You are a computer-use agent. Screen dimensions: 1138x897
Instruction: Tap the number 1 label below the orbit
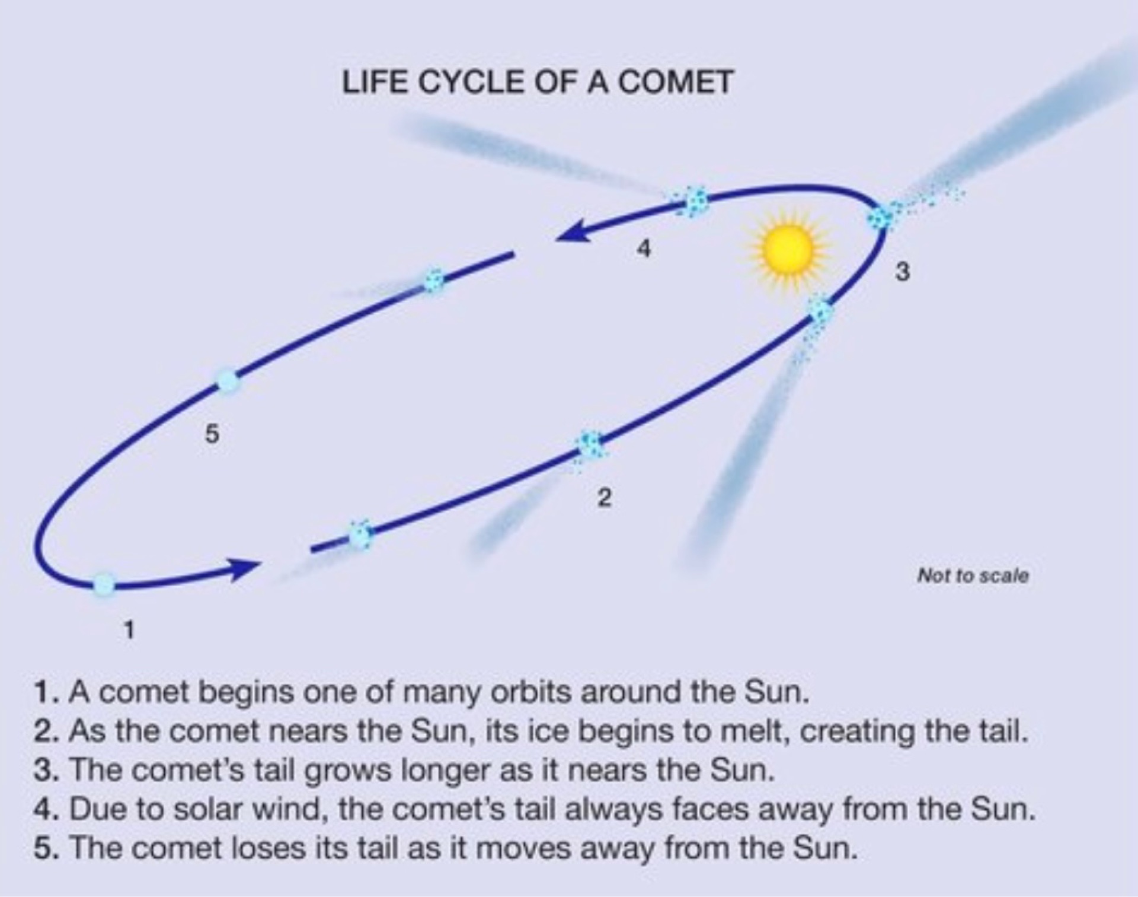[x=129, y=629]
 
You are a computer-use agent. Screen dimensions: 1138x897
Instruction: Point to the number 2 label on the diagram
[x=603, y=498]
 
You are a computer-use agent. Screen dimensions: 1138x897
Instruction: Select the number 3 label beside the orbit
[x=902, y=272]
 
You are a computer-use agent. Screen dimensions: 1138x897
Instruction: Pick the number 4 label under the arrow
[x=643, y=248]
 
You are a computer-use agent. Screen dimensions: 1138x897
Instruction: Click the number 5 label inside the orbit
[x=212, y=435]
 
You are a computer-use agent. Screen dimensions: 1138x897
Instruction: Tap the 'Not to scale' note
[x=973, y=575]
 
